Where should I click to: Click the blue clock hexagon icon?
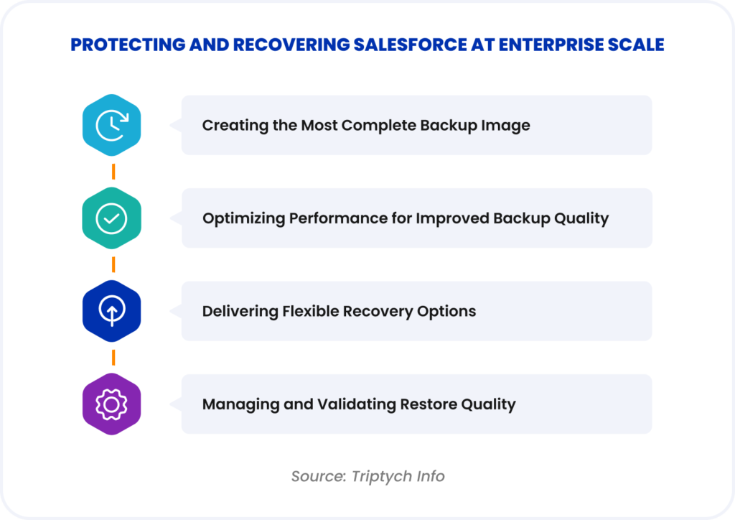(x=112, y=126)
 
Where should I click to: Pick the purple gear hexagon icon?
(x=112, y=404)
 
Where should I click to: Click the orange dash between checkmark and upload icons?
(x=113, y=265)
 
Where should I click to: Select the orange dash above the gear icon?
(x=113, y=358)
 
